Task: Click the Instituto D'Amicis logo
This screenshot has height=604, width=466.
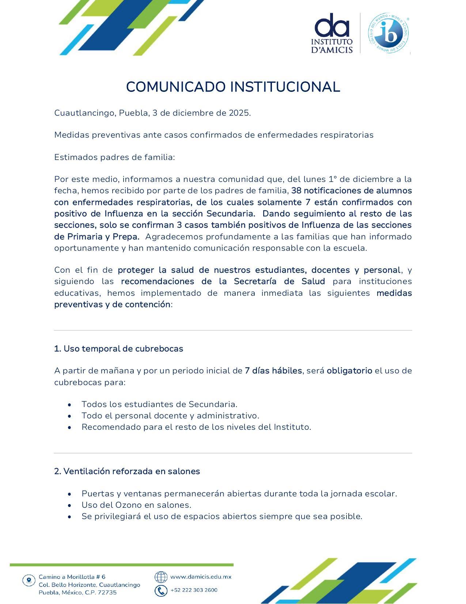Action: click(x=332, y=33)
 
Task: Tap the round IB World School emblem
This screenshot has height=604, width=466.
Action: click(x=388, y=33)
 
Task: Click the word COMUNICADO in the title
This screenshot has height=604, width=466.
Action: click(x=175, y=87)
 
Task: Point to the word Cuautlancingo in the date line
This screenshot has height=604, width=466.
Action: click(x=86, y=113)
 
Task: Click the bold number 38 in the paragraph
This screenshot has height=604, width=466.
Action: click(x=296, y=191)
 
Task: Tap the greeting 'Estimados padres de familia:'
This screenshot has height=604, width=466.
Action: click(x=114, y=157)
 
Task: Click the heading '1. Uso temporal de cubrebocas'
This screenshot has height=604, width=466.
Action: click(x=118, y=348)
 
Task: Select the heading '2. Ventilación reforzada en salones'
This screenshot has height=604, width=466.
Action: click(x=127, y=471)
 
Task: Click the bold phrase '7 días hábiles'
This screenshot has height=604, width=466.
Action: click(x=273, y=370)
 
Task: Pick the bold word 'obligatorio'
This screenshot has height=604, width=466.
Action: click(x=349, y=370)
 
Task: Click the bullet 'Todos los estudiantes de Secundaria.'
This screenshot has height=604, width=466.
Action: click(x=159, y=404)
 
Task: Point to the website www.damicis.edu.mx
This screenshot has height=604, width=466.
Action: click(x=201, y=577)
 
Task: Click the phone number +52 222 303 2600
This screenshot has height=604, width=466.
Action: click(x=194, y=590)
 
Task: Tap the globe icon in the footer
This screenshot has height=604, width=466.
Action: click(x=161, y=577)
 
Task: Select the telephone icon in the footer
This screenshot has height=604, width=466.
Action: click(x=161, y=590)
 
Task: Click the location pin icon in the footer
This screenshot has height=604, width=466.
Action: click(x=29, y=580)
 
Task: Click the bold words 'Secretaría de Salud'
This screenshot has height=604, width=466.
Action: click(x=279, y=281)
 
